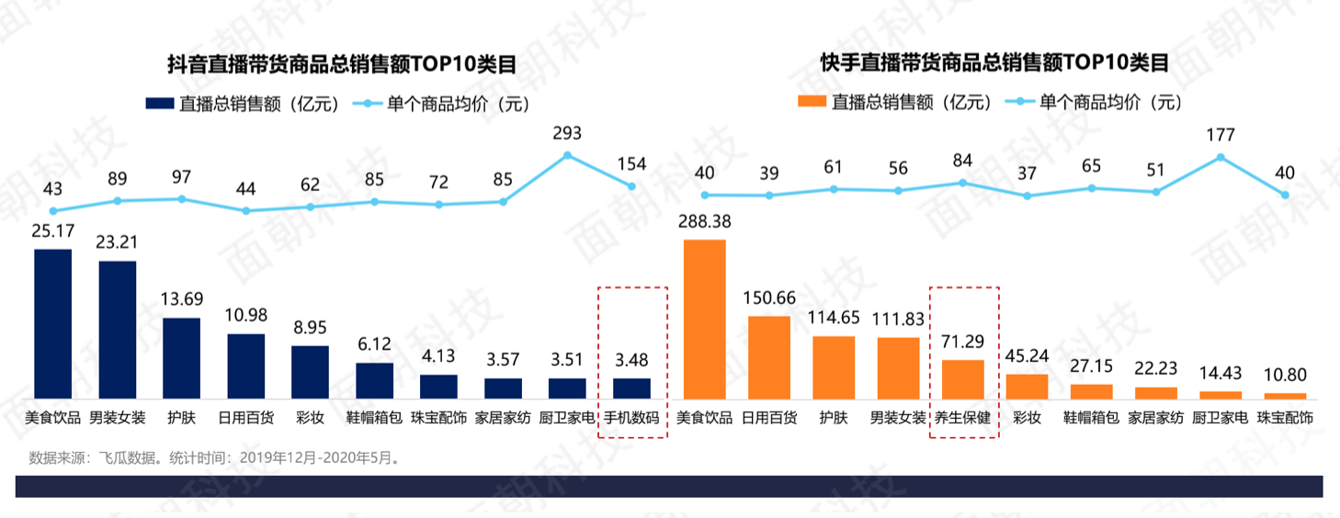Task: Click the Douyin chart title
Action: pyautogui.click(x=341, y=65)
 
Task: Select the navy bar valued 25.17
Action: pyautogui.click(x=52, y=323)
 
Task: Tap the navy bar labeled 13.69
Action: pyautogui.click(x=181, y=358)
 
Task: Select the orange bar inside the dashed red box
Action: pyautogui.click(x=962, y=379)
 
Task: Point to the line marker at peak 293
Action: pyautogui.click(x=567, y=154)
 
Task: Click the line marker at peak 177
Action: pyautogui.click(x=1221, y=157)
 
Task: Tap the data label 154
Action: pyautogui.click(x=631, y=164)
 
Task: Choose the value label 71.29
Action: pyautogui.click(x=962, y=343)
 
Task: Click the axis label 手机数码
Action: pyautogui.click(x=631, y=418)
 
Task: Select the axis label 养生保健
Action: pyautogui.click(x=962, y=418)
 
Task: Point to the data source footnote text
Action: pyautogui.click(x=215, y=456)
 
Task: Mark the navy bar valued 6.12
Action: pyautogui.click(x=374, y=381)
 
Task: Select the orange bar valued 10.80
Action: pyautogui.click(x=1285, y=396)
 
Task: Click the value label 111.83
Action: pyautogui.click(x=898, y=321)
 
